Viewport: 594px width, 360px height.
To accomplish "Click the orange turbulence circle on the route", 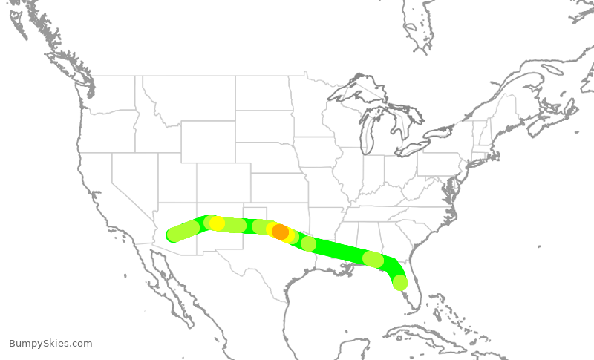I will coord(280,232).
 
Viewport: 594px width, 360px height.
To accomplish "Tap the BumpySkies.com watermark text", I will coord(50,344).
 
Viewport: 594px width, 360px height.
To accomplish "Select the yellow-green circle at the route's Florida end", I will coord(399,282).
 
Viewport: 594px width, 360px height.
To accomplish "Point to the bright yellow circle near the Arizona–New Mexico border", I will coord(217,223).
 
